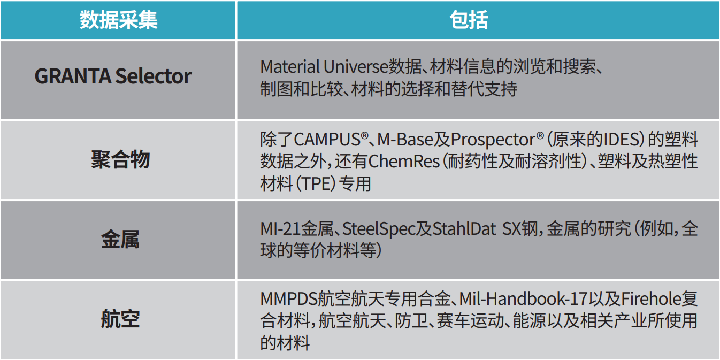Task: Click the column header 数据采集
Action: coord(119,20)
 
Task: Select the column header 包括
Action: coord(469,20)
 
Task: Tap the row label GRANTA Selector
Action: coord(113,76)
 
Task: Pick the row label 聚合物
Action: coord(120,159)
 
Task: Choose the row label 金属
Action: coord(120,240)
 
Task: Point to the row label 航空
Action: coord(120,319)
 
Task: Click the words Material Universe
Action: coord(324,66)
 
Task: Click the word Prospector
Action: coord(493,140)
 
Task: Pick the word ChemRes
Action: coord(404,162)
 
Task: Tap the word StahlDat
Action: coord(464,229)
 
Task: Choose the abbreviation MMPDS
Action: coord(289,298)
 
